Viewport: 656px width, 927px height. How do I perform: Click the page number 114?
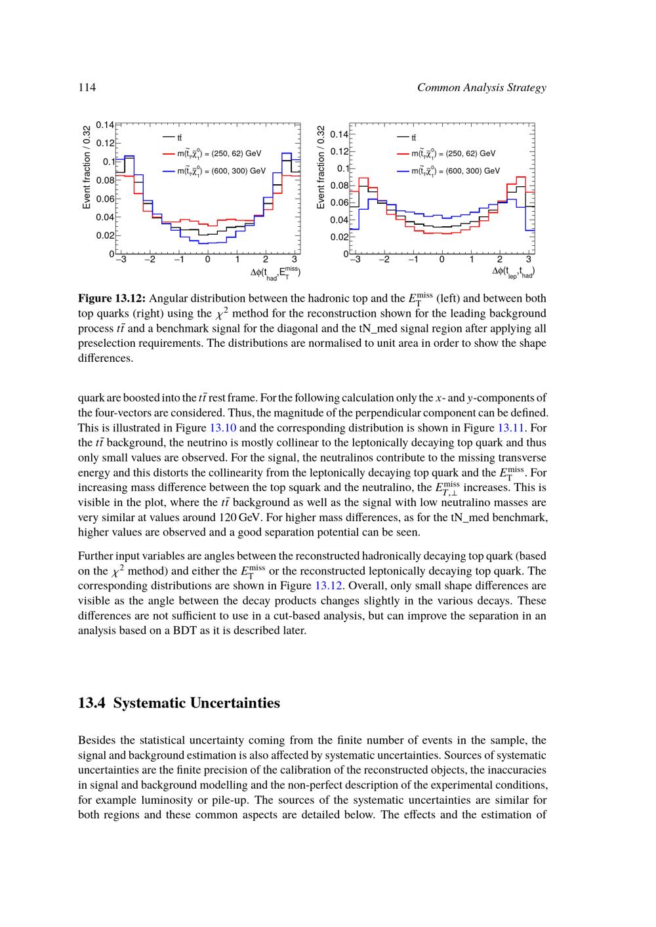coord(87,88)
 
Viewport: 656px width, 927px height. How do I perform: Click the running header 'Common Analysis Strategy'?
coord(481,88)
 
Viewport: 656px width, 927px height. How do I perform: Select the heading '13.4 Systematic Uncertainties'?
coord(178,703)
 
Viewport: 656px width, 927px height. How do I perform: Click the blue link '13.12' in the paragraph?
coord(330,585)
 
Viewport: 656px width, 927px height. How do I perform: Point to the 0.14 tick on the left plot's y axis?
coord(105,125)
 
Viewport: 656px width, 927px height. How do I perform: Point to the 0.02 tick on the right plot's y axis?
coord(339,237)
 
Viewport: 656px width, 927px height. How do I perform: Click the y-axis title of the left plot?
coord(87,167)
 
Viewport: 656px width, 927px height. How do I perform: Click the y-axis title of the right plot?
coord(321,167)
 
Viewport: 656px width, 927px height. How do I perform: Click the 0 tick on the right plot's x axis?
coord(442,260)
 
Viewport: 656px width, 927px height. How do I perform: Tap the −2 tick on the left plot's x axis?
coord(150,260)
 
